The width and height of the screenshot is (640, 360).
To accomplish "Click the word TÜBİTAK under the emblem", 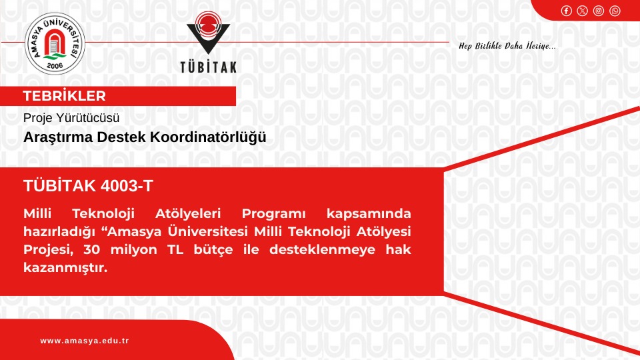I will pyautogui.click(x=208, y=67).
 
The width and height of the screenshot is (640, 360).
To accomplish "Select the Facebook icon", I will pyautogui.click(x=566, y=10).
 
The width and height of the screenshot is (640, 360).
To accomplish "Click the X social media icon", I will pyautogui.click(x=582, y=10).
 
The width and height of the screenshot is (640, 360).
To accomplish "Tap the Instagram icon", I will pyautogui.click(x=599, y=10).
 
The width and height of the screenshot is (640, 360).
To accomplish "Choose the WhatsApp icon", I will pyautogui.click(x=615, y=10).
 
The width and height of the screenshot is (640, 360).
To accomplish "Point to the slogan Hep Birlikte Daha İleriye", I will pyautogui.click(x=507, y=45).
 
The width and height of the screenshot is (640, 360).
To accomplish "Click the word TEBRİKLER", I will pyautogui.click(x=64, y=96).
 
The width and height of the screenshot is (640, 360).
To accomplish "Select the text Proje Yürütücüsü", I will pyautogui.click(x=71, y=118).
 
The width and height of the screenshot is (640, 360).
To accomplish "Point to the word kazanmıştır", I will pyautogui.click(x=65, y=268).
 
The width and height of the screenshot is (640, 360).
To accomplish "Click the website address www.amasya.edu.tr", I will pyautogui.click(x=84, y=341).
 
